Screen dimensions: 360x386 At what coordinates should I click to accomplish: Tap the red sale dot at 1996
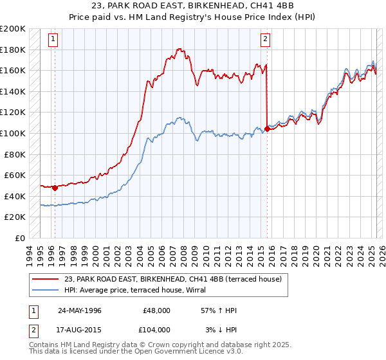[55, 188]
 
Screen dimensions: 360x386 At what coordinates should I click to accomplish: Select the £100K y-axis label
[14, 133]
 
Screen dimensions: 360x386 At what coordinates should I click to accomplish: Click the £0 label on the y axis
[20, 238]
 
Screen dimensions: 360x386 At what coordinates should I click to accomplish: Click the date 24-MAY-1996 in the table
[80, 310]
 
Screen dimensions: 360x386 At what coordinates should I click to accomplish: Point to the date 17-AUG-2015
[80, 329]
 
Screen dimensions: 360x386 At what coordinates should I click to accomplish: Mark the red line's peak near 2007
[180, 49]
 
